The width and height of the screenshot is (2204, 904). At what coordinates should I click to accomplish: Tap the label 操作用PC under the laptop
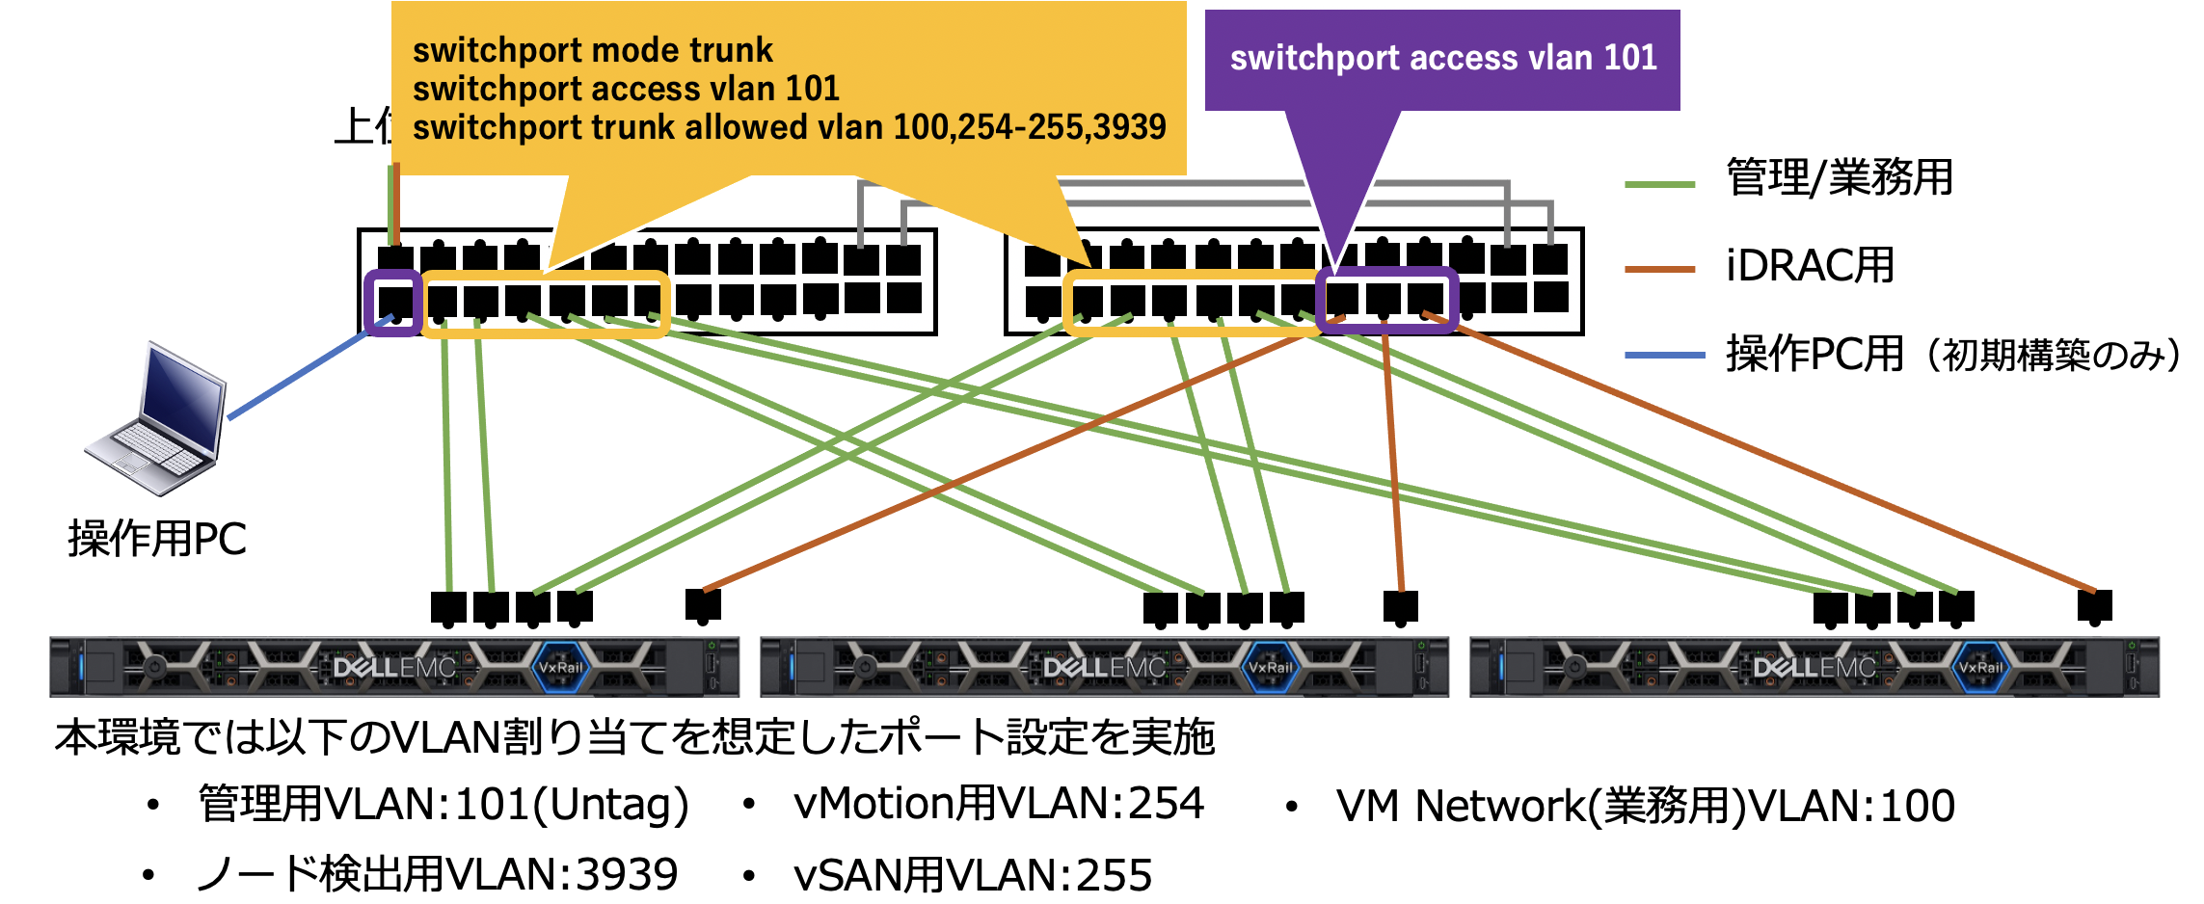(x=157, y=539)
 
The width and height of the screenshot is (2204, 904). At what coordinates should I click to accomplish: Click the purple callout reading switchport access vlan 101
(x=1442, y=59)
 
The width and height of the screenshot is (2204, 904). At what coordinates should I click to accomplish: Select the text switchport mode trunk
(x=593, y=50)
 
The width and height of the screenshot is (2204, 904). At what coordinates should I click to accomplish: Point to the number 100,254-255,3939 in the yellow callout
(x=1030, y=127)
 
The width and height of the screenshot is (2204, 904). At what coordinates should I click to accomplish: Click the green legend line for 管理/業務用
(x=1659, y=184)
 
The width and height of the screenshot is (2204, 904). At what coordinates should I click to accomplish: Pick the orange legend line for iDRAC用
(x=1659, y=270)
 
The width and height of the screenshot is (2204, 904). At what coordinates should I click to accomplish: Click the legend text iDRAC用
(x=1810, y=266)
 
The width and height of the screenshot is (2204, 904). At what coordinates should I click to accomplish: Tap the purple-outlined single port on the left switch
(x=394, y=302)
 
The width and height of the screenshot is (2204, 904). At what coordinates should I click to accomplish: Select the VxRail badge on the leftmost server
(x=561, y=667)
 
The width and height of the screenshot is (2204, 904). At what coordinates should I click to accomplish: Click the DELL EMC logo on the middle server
(x=1104, y=667)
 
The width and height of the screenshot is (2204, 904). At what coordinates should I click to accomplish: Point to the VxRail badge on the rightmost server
(x=1981, y=667)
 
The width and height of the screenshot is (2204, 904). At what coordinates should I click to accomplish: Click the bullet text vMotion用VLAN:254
(x=999, y=804)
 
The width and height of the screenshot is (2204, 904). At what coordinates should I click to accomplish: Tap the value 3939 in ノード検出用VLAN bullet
(x=627, y=875)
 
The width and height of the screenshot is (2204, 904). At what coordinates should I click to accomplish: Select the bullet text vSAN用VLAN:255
(x=973, y=875)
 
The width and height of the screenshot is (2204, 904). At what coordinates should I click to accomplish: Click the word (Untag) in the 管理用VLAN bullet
(x=611, y=805)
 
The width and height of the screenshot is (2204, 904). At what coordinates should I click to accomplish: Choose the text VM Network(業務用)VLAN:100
(x=1645, y=806)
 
